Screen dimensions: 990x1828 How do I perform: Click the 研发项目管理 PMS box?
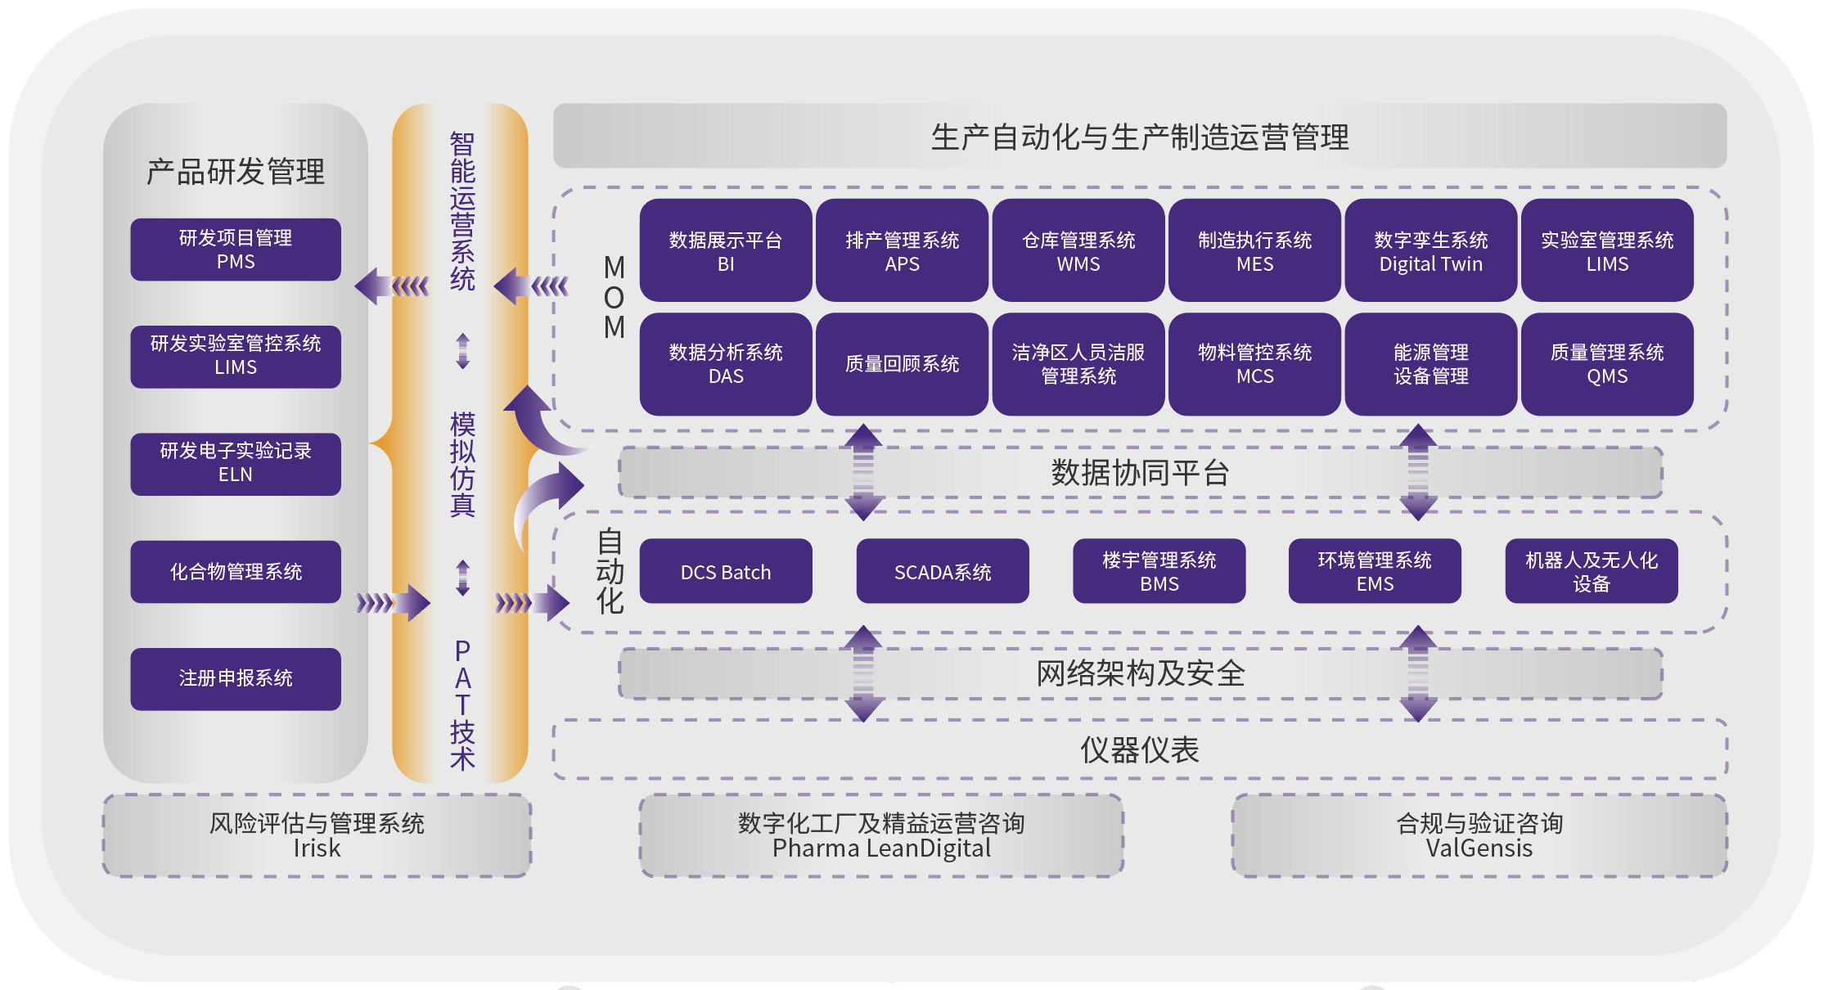[236, 250]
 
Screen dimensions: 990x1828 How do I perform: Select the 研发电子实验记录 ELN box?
[236, 463]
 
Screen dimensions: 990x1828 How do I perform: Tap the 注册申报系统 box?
[236, 678]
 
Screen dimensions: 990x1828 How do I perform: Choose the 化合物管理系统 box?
[236, 571]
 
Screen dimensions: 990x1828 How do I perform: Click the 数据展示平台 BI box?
[726, 251]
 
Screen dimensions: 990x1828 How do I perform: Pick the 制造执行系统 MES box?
[1254, 251]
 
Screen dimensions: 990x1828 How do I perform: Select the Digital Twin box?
[1430, 251]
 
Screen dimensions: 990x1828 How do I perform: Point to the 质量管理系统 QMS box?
[1607, 364]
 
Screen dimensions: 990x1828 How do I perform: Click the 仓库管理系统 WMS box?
[1078, 251]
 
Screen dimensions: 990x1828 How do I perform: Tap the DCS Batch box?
[726, 572]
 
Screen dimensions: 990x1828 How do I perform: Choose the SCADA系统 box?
[943, 572]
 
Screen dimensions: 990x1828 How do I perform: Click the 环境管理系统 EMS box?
[1375, 572]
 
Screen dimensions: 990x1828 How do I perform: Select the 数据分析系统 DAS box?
[726, 364]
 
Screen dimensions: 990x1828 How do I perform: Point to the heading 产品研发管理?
[236, 172]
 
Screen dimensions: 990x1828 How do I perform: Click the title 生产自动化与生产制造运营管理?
[1140, 137]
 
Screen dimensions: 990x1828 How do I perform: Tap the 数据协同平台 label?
[1140, 473]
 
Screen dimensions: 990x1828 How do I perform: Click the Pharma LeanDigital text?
[881, 848]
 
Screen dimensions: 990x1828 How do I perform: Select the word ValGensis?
[1479, 848]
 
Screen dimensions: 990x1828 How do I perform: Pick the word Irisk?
[317, 848]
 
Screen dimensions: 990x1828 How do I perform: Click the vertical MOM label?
[614, 297]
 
